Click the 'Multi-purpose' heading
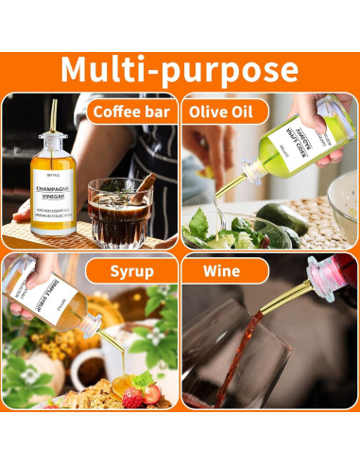(x=180, y=71)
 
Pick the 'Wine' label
(x=216, y=273)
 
